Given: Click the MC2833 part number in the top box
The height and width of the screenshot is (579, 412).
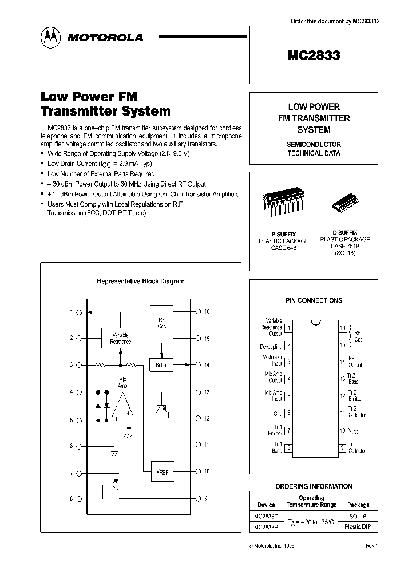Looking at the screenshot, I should tap(314, 55).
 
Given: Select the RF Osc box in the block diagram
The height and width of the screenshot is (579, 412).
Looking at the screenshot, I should tap(161, 323).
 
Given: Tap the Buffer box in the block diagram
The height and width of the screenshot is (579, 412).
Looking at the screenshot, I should tap(161, 365).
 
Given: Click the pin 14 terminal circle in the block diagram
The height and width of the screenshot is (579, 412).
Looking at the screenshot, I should tap(198, 364).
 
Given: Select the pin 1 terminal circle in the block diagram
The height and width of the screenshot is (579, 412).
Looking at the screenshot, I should tap(80, 312).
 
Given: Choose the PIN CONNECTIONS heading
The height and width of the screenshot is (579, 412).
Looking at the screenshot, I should tap(314, 300).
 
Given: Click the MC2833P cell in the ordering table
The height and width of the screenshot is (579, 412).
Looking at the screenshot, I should tap(266, 527).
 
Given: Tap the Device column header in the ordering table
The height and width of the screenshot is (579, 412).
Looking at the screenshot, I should tap(266, 505).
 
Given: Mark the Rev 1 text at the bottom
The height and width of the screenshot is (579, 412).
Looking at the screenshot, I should tap(371, 546).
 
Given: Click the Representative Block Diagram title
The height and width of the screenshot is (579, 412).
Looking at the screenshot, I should tap(141, 281).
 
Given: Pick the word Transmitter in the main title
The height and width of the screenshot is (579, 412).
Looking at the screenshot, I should tap(86, 111).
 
